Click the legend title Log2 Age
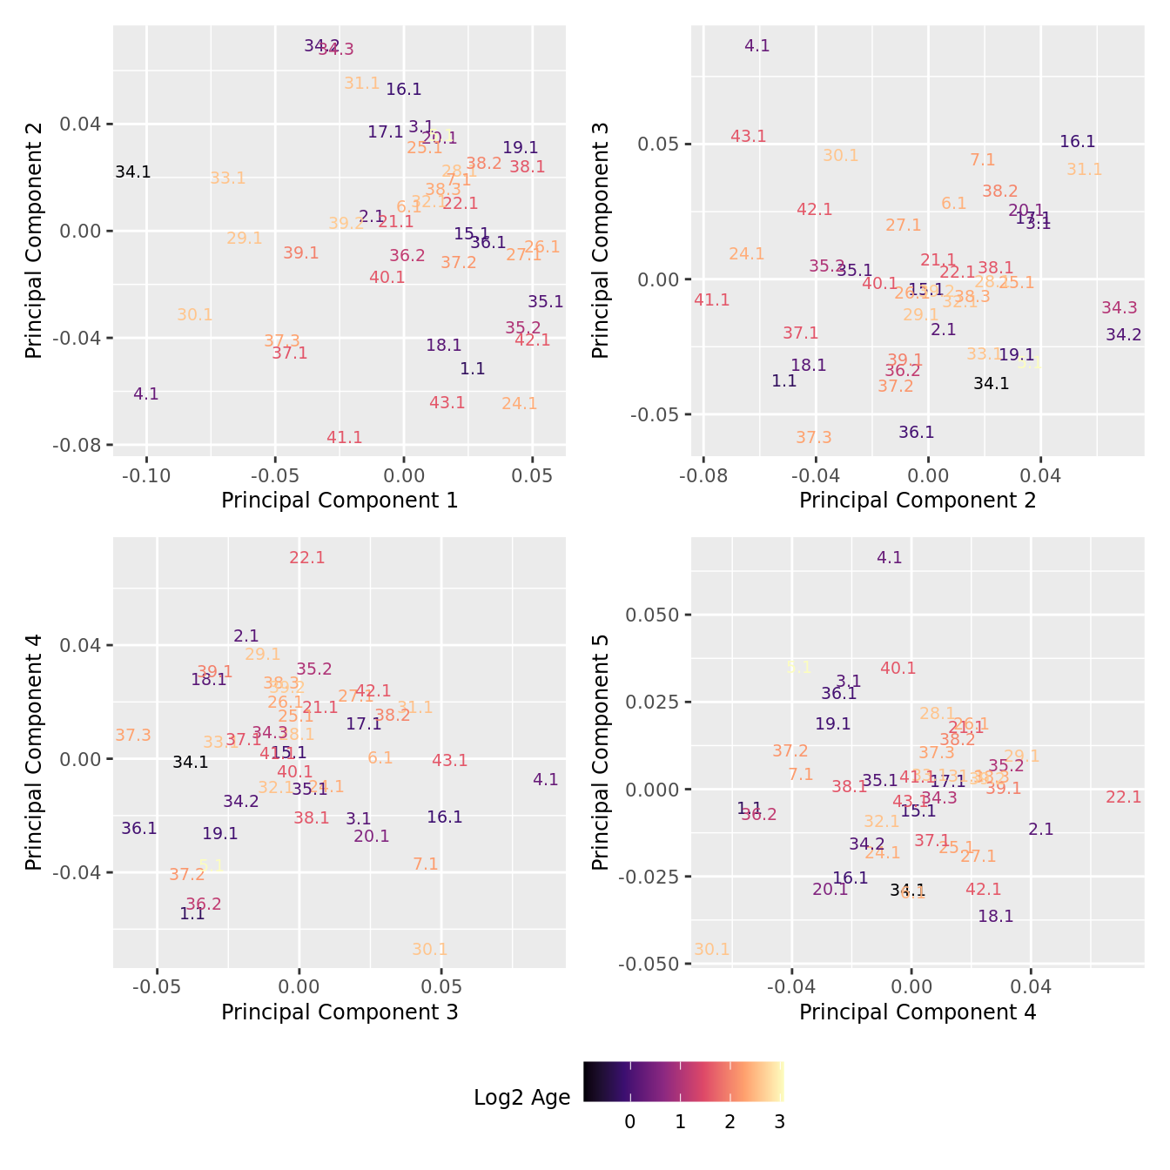pos(521,1097)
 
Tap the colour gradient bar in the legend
pos(683,1081)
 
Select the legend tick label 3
pos(780,1122)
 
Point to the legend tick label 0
pos(629,1122)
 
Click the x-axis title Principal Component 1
pos(340,501)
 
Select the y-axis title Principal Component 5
pos(600,752)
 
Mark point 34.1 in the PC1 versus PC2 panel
pos(133,172)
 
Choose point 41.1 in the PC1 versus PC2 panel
pos(345,438)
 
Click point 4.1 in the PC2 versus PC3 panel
pos(757,46)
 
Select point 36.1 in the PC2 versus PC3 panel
pos(917,433)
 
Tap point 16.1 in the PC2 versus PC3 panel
pos(1078,142)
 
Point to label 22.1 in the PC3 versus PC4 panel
pos(307,558)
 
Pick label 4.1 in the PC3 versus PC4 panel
pos(546,780)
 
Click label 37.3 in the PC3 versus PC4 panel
pos(133,736)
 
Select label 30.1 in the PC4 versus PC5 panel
pos(712,950)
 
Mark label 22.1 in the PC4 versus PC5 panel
pos(1124,797)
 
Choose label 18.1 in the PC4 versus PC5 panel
pos(996,917)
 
